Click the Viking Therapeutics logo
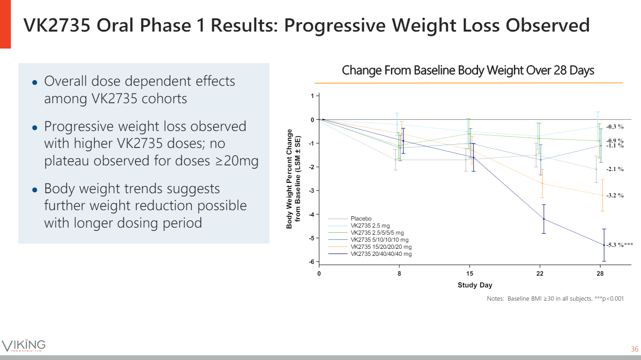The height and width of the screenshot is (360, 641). (24, 345)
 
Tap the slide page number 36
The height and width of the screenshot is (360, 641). (634, 349)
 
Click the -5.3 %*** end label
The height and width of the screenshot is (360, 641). (619, 245)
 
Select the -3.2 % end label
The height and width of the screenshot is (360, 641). (615, 195)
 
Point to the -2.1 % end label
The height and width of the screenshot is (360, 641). (615, 169)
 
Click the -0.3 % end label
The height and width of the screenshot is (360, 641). (615, 126)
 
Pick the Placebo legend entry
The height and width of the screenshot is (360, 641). (361, 219)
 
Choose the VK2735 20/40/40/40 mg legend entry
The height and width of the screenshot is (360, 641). (381, 254)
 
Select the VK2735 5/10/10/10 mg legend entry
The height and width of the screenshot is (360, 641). (380, 240)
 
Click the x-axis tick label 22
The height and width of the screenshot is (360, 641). (540, 273)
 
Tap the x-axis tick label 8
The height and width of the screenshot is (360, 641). (399, 273)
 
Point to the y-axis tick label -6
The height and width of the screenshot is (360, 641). (311, 262)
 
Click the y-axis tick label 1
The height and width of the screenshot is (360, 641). (312, 96)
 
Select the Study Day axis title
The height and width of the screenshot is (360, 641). (475, 285)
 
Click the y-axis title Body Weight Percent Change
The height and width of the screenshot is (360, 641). (289, 179)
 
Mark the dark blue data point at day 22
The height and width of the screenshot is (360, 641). (544, 219)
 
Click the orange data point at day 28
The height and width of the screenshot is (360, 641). (602, 195)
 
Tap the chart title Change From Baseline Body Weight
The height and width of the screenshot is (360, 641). (468, 71)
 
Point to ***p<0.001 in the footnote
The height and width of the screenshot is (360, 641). (609, 299)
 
